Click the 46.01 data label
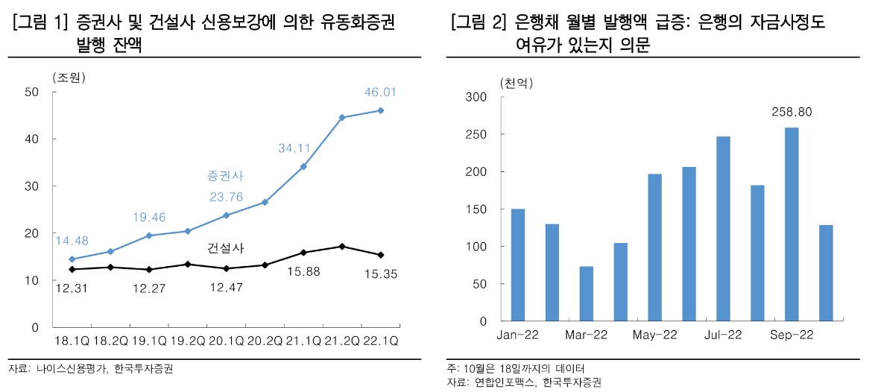(x=380, y=92)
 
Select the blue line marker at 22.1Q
(x=381, y=110)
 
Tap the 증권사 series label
(x=225, y=176)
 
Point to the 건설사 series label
(x=225, y=247)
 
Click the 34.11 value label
(x=294, y=148)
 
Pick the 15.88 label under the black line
(x=303, y=272)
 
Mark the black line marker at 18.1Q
(x=72, y=269)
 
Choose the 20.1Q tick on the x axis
(x=226, y=341)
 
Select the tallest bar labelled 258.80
(x=792, y=224)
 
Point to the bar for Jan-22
(x=518, y=265)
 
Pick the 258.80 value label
(x=792, y=113)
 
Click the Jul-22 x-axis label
(x=722, y=335)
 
